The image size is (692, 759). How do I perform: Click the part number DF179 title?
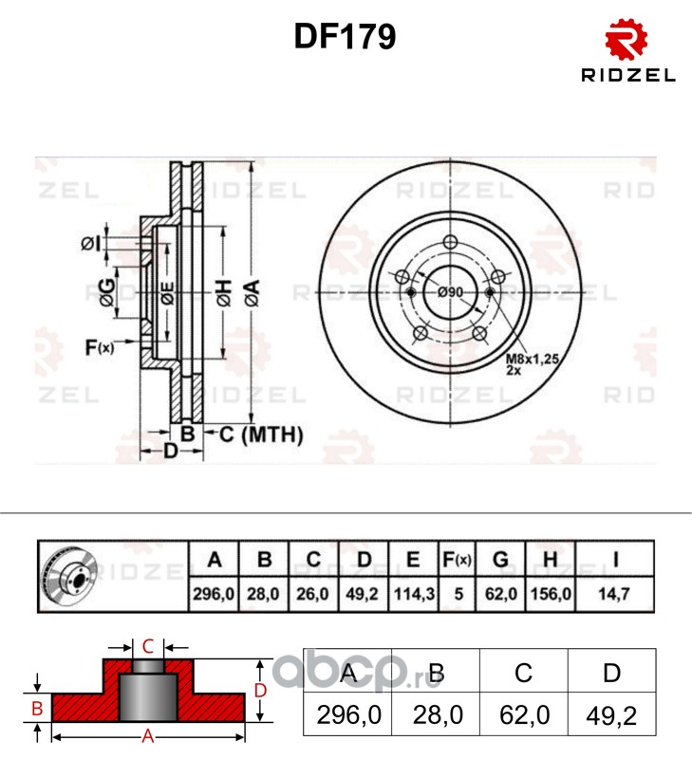(345, 36)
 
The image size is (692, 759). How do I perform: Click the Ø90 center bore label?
(450, 292)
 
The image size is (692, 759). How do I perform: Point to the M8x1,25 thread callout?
(533, 360)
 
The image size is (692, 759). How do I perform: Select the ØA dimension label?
(252, 293)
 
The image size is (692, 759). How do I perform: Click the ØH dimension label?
(224, 293)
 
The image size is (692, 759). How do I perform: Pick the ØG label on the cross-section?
(107, 293)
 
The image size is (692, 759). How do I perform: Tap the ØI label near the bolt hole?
(90, 244)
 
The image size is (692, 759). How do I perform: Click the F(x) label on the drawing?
(100, 347)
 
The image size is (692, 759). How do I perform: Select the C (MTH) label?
(261, 435)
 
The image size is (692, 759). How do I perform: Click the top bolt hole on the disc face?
(450, 242)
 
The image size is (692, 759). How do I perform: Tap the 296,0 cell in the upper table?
(214, 594)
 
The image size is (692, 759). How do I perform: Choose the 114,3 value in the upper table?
(414, 594)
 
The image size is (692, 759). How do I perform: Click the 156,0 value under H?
(551, 594)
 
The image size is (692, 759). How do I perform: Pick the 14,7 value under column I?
(614, 594)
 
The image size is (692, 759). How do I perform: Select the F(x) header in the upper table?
(458, 560)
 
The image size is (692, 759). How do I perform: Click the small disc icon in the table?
(69, 577)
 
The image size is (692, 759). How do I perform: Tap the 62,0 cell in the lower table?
(524, 715)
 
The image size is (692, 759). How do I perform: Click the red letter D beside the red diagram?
(260, 691)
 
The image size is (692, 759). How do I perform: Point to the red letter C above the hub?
(148, 647)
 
